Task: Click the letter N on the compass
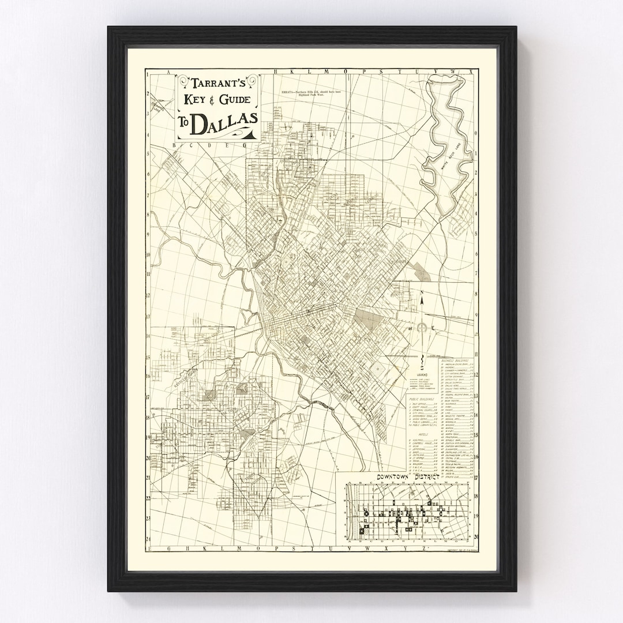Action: tap(421, 299)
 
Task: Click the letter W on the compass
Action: tap(411, 328)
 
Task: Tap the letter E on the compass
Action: tap(433, 328)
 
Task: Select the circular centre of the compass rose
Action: tap(422, 328)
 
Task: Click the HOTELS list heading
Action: tap(423, 436)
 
